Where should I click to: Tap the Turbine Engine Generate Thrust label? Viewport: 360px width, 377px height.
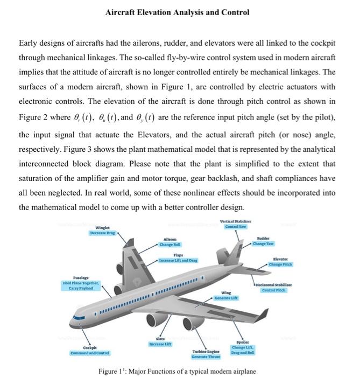[x=204, y=354]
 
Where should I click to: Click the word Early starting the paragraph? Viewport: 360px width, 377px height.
[x=30, y=43]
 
